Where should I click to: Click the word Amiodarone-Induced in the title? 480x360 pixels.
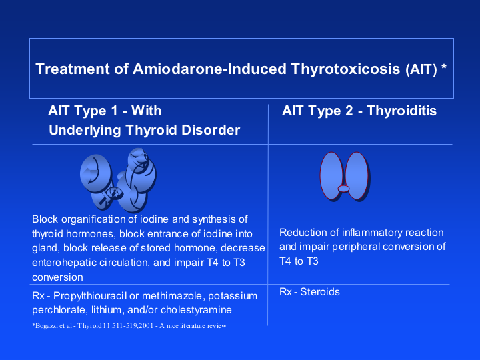209,69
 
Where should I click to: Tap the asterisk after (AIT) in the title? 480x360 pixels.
443,67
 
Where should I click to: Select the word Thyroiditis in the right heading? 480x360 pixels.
401,111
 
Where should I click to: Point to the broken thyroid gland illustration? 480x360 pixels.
118,180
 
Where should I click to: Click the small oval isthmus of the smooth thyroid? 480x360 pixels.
343,189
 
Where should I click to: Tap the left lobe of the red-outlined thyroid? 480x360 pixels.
331,176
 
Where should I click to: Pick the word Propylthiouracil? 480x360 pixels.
90,296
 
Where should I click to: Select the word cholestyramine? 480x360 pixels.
196,310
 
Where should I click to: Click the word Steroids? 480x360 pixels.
320,292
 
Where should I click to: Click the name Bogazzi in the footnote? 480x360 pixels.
46,326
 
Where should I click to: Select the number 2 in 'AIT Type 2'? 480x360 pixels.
349,111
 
